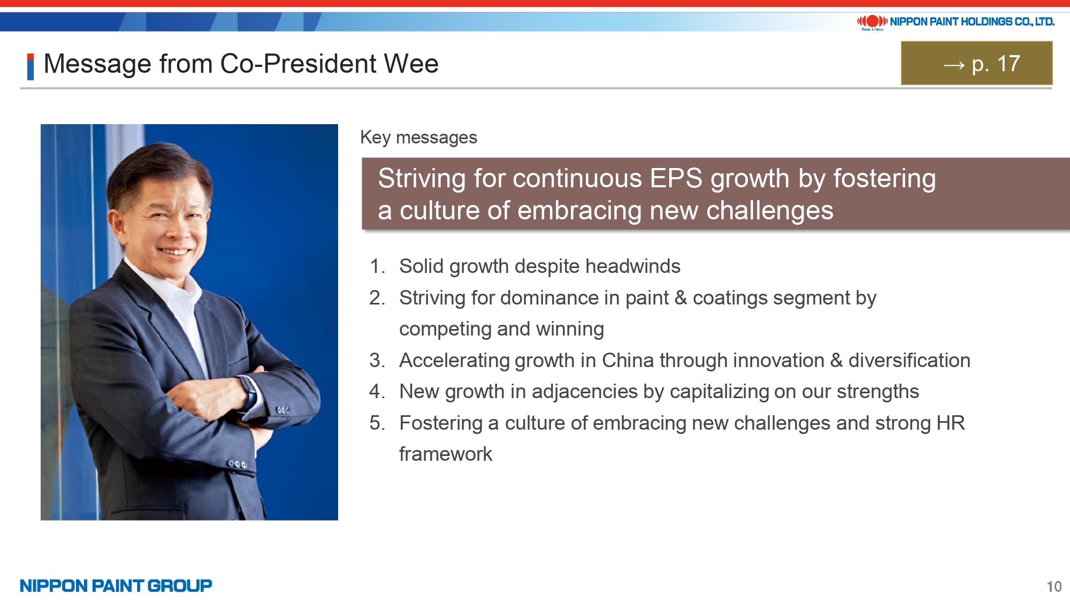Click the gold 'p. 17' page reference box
click(976, 63)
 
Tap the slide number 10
click(1054, 586)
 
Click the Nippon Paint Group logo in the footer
click(116, 585)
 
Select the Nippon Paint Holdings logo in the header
click(956, 22)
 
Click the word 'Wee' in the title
click(411, 64)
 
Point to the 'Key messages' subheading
click(418, 138)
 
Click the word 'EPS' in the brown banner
click(676, 178)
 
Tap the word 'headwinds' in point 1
click(633, 266)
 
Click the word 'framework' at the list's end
click(446, 454)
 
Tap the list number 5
click(377, 423)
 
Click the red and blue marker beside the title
click(30, 67)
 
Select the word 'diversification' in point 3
click(909, 360)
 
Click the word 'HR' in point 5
click(951, 423)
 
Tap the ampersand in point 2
click(681, 298)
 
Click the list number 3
click(377, 360)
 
